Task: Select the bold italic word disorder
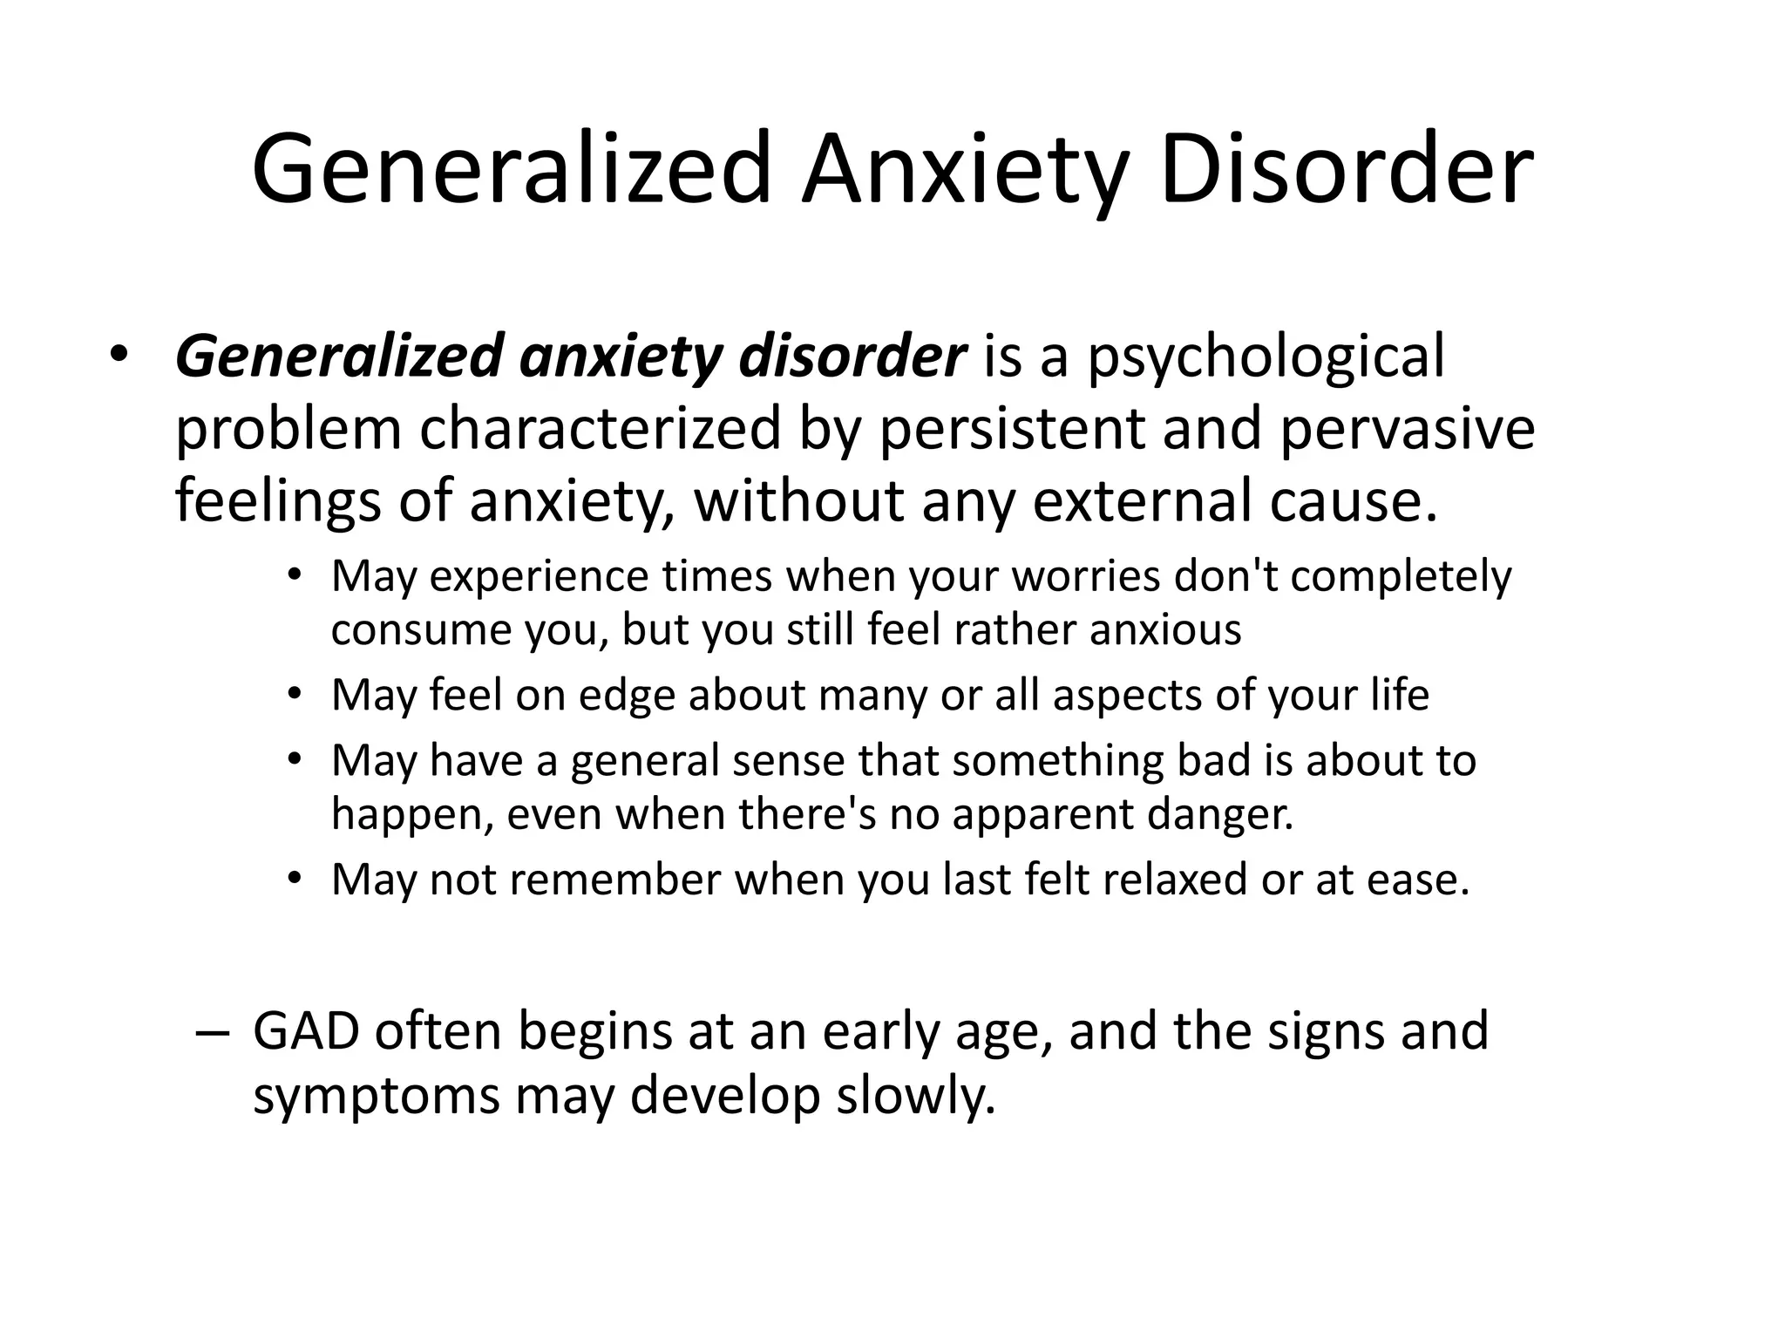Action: (852, 357)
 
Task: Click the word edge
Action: (627, 696)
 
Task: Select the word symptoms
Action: (376, 1096)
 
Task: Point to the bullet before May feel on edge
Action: (295, 695)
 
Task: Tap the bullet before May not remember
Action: (295, 879)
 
